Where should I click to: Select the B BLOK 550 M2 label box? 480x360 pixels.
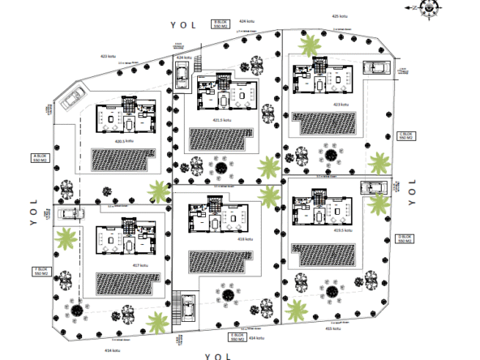pyautogui.click(x=221, y=24)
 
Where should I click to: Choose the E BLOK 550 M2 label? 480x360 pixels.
pyautogui.click(x=238, y=335)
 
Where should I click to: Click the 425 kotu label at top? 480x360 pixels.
pyautogui.click(x=340, y=15)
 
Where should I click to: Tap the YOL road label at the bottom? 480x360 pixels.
pyautogui.click(x=218, y=355)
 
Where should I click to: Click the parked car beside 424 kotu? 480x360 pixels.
pyautogui.click(x=182, y=77)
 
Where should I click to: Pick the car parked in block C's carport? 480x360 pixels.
pyautogui.click(x=376, y=67)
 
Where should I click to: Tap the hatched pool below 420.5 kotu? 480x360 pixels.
pyautogui.click(x=121, y=160)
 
